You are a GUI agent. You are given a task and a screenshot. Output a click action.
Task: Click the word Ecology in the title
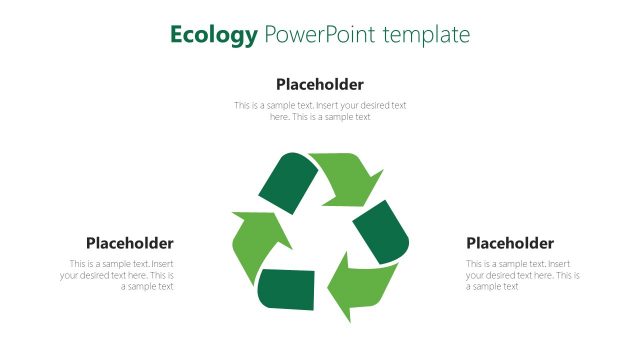coord(213,36)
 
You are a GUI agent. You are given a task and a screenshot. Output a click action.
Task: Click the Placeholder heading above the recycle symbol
coord(320,84)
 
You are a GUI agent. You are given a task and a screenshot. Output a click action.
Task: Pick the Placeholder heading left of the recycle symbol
coord(130,243)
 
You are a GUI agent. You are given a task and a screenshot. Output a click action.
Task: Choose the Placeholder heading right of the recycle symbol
coord(510,243)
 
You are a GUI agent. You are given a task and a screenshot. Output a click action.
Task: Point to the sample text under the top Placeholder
coord(320,111)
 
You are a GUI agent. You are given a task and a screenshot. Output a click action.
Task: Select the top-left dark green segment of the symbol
coord(288,179)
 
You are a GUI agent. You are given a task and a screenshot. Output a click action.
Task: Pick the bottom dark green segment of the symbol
coord(287,289)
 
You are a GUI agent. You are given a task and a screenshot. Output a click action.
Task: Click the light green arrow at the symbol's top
coord(345,173)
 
